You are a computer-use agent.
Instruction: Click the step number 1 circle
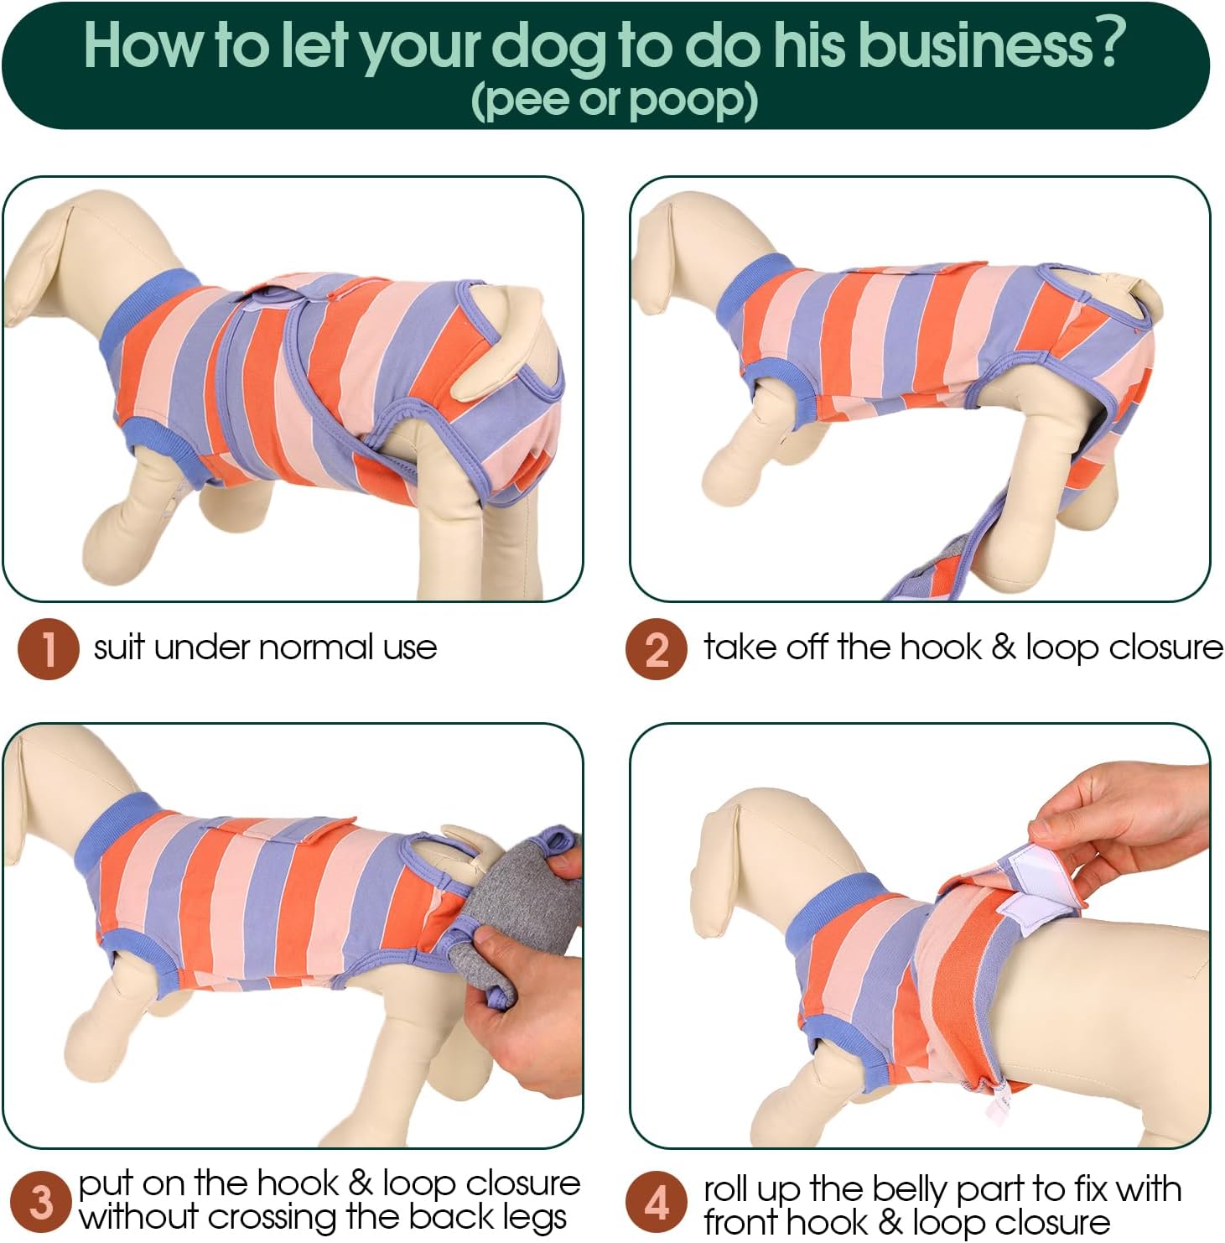49,648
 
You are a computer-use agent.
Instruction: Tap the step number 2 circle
657,648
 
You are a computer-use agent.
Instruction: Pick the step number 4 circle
657,1202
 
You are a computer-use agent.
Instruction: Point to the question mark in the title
1108,44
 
